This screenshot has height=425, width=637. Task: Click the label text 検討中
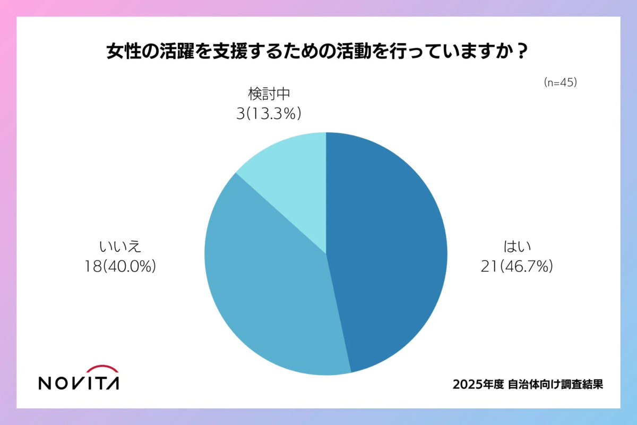click(x=269, y=95)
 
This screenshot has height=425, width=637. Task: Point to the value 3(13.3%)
click(x=269, y=114)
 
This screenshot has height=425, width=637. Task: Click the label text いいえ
click(x=120, y=247)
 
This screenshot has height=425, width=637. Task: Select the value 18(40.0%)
click(x=120, y=267)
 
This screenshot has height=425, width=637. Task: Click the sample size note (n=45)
click(x=560, y=83)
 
